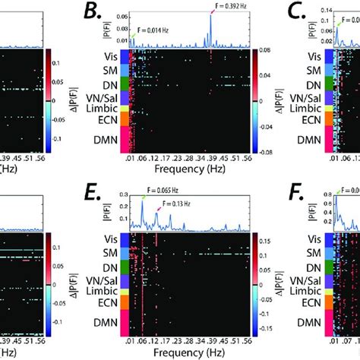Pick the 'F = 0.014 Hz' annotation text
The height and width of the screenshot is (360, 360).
tap(158, 31)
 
